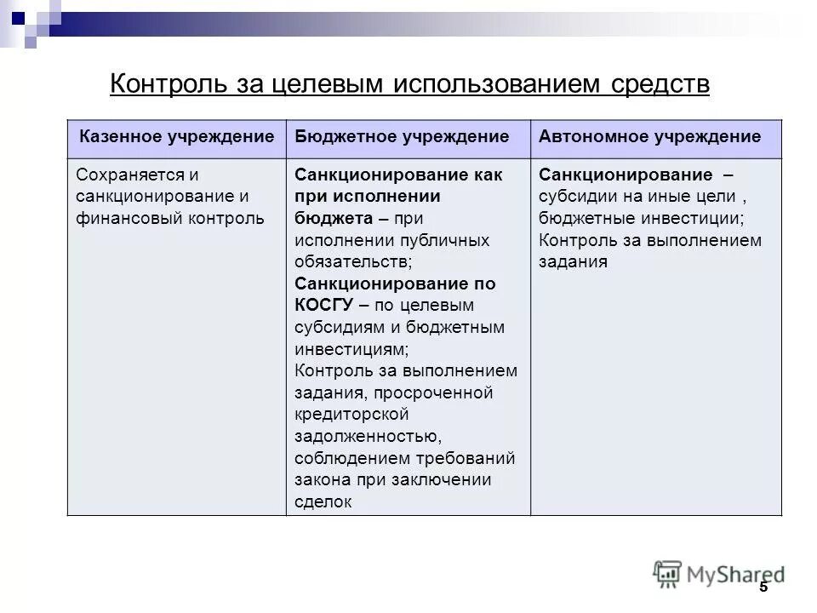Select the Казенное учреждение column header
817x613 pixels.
(x=177, y=136)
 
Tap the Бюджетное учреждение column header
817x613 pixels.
(x=402, y=136)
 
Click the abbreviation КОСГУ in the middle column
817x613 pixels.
(x=325, y=306)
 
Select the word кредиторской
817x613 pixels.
(x=351, y=415)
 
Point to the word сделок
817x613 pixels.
(x=323, y=502)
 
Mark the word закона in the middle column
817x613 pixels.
(x=321, y=480)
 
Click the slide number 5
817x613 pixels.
(x=763, y=587)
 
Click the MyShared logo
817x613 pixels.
(x=719, y=574)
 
